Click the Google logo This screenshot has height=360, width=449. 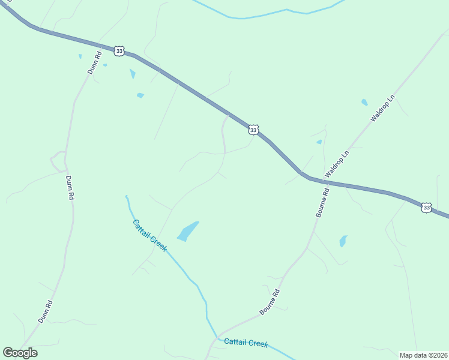(20, 353)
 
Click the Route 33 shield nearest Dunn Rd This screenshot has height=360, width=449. (119, 51)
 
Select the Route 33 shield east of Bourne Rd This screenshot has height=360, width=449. (426, 207)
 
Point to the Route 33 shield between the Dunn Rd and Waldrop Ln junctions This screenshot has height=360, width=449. (253, 130)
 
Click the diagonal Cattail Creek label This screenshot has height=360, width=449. (149, 235)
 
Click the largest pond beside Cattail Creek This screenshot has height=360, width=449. (188, 231)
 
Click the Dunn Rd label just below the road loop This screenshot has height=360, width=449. (70, 188)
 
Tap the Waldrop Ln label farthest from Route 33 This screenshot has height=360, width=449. (382, 108)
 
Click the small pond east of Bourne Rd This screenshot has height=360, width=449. (343, 241)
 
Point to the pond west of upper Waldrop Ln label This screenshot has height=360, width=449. (364, 102)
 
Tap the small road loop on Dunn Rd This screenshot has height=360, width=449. (58, 161)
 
